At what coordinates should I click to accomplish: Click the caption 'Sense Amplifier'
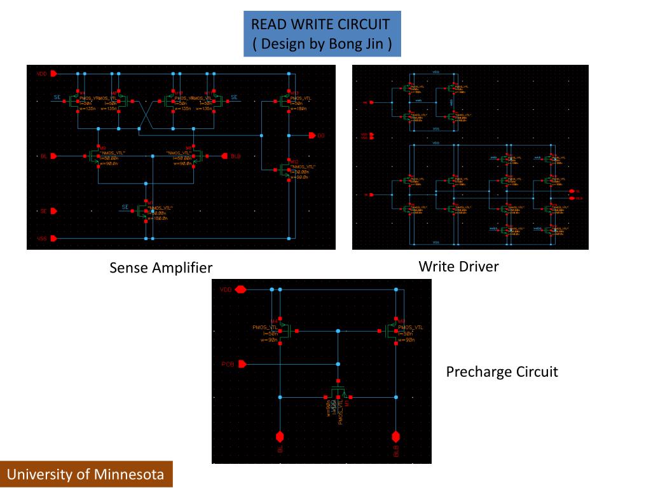tap(161, 268)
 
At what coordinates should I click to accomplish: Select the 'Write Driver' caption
tap(458, 266)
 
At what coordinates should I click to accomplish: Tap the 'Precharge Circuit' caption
tap(502, 372)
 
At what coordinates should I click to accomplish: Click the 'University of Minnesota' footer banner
tap(86, 474)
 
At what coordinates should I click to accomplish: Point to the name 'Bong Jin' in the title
tap(355, 44)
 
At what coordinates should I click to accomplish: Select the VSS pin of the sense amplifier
tap(54, 238)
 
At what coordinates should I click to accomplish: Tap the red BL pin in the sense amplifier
tap(54, 156)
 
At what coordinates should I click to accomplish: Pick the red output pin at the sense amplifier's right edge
tap(312, 135)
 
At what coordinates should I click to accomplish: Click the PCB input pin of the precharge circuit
tap(242, 364)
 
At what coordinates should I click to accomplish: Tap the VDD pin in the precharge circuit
tap(240, 290)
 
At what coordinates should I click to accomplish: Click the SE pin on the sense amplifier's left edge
tap(54, 210)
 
